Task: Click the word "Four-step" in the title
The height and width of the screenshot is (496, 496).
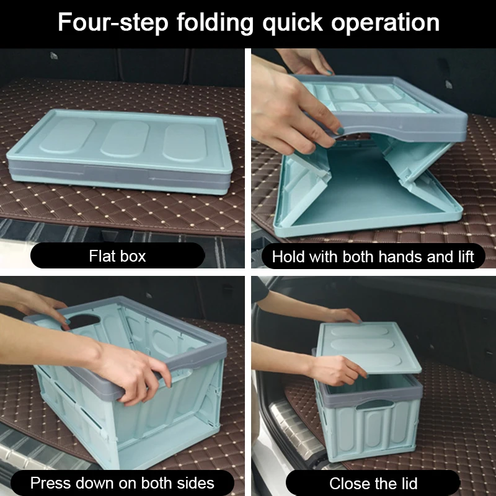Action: [113, 22]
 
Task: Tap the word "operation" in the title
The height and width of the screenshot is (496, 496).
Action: [385, 23]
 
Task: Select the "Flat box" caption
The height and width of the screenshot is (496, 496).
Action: [117, 256]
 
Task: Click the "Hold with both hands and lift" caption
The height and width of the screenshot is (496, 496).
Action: [373, 257]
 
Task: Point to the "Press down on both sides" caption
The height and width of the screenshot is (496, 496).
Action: [122, 483]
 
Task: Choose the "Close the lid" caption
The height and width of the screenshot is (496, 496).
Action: [373, 484]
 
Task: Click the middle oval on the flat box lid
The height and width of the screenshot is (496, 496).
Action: [125, 138]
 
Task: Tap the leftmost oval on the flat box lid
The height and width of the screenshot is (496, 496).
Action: [68, 135]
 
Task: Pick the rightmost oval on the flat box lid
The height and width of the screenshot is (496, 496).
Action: [184, 143]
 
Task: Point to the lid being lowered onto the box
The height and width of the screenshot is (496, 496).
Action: [369, 347]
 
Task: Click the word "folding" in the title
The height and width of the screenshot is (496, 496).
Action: [215, 23]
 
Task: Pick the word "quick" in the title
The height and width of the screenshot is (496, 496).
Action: [293, 23]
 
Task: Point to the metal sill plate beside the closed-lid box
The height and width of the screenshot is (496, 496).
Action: [294, 430]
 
